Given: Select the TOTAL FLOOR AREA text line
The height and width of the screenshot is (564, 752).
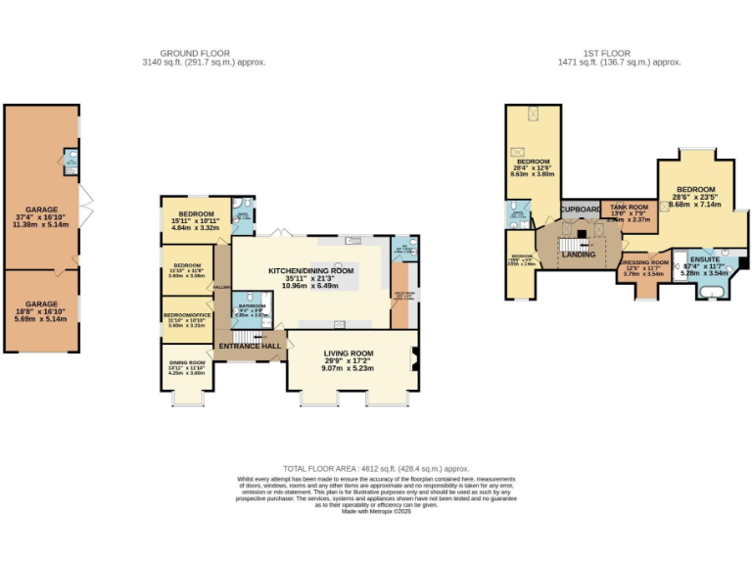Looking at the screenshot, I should tap(376, 469).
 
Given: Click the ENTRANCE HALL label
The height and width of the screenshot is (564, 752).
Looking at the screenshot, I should tap(249, 346).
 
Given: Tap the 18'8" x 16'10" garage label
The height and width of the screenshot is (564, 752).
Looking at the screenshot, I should tap(42, 304).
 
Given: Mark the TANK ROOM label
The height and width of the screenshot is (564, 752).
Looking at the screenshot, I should tap(629, 208).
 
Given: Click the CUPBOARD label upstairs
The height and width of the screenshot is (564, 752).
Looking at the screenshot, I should tap(580, 210).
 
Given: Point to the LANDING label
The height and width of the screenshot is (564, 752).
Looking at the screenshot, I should tap(578, 255).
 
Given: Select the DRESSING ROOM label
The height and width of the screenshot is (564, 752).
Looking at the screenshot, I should tap(643, 262).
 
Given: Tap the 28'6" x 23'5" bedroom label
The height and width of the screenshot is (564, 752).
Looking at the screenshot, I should tap(694, 189).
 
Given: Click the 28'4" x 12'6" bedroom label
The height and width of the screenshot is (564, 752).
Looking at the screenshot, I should tap(535, 162).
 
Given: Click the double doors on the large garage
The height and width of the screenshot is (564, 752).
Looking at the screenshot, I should tap(85, 204).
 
